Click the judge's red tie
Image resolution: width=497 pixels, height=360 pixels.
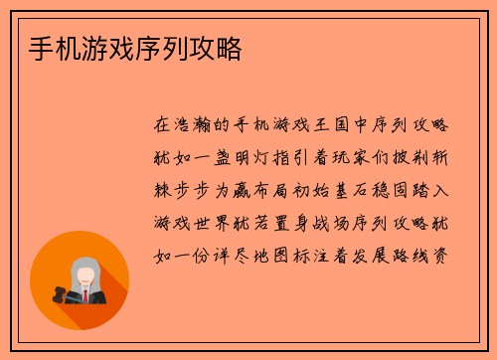87,295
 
